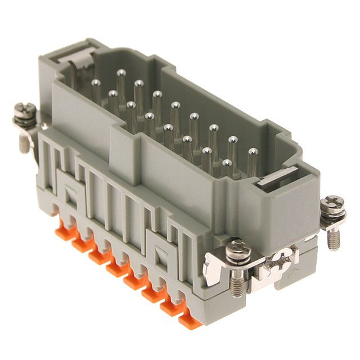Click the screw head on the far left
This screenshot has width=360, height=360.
[24, 110]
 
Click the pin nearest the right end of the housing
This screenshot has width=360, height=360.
[253, 153]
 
